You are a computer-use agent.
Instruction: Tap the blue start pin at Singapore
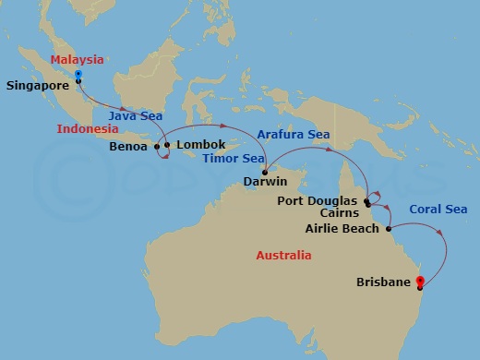[78, 75]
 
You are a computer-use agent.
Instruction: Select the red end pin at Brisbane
[420, 281]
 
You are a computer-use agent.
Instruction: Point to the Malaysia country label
[76, 59]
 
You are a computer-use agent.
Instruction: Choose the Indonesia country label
[88, 128]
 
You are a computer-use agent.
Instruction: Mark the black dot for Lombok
[167, 145]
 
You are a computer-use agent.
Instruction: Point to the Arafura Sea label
[294, 134]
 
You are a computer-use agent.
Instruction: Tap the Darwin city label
[264, 183]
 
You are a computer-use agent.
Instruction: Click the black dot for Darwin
[265, 173]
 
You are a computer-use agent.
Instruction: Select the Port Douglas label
[318, 200]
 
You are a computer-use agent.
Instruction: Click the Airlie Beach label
[342, 228]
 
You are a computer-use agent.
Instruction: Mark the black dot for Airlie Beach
[389, 228]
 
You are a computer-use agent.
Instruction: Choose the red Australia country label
[283, 255]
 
